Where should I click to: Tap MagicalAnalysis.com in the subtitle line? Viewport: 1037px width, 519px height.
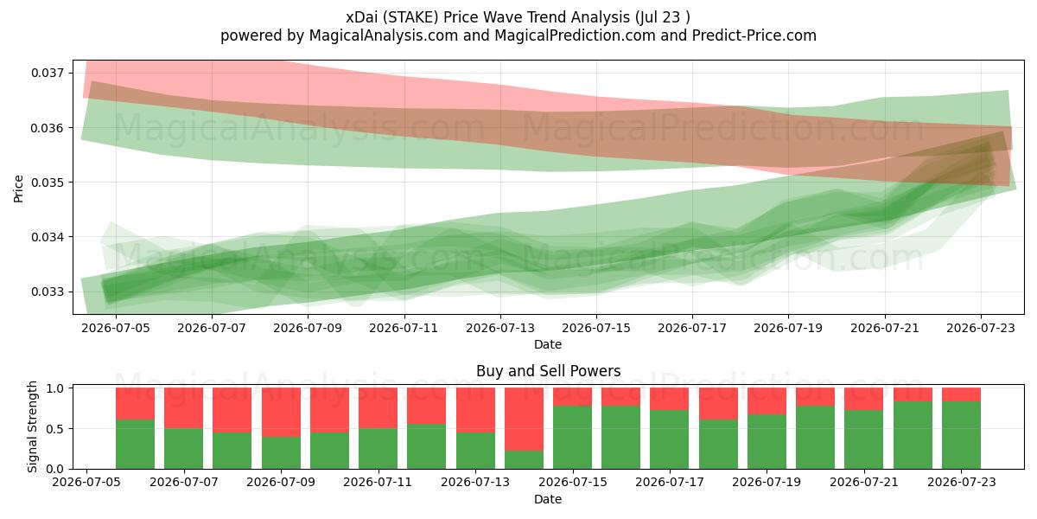[x=384, y=35]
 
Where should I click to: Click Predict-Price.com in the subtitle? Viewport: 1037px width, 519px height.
[x=754, y=35]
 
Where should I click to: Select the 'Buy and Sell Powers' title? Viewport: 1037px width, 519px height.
[x=548, y=371]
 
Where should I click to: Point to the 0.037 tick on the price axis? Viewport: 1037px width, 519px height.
[x=48, y=73]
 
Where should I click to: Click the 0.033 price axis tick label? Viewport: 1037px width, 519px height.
[x=48, y=292]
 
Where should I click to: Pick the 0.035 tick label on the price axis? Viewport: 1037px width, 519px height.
[x=48, y=183]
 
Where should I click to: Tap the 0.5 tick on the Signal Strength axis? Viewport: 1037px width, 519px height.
[x=55, y=429]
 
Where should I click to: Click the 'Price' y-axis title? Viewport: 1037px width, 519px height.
[x=18, y=189]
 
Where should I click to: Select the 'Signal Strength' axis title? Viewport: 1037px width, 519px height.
[x=33, y=426]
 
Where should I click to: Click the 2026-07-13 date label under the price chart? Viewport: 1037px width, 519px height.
[x=500, y=328]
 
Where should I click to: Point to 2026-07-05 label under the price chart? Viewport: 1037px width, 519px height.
[x=116, y=328]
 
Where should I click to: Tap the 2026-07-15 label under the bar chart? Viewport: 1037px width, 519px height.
[x=573, y=482]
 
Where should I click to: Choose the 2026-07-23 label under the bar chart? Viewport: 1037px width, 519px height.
[x=962, y=482]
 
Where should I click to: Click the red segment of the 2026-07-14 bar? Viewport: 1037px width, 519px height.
[x=524, y=419]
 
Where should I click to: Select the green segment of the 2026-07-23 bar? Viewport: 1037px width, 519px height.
[x=962, y=435]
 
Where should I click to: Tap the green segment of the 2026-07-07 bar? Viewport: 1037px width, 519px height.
[x=184, y=449]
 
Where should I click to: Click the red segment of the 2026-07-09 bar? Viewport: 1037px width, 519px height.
[x=281, y=412]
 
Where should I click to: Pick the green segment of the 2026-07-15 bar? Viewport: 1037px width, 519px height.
[x=573, y=438]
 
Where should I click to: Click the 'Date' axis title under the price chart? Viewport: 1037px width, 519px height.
[x=548, y=344]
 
